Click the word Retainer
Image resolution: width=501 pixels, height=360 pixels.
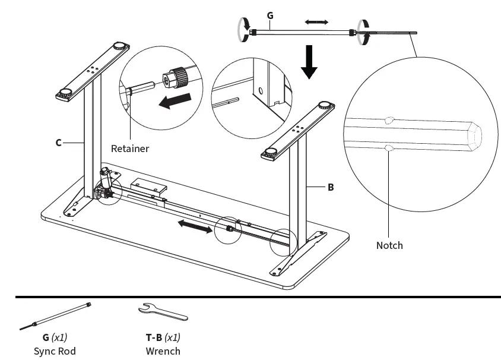(130, 149)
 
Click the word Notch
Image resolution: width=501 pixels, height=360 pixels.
(389, 245)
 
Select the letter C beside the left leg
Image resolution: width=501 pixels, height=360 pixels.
(59, 143)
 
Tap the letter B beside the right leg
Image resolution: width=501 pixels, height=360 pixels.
(331, 187)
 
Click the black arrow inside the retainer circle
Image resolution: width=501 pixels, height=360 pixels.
(175, 102)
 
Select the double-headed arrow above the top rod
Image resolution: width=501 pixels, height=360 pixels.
(316, 22)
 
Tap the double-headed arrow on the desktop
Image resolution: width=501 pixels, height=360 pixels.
(195, 226)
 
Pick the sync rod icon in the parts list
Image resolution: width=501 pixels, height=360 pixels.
(55, 315)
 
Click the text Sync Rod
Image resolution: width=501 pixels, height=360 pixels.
(55, 350)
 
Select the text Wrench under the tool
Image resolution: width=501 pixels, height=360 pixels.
(163, 350)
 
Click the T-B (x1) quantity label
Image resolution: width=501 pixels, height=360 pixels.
(163, 337)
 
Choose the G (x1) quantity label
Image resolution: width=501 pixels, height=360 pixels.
(55, 337)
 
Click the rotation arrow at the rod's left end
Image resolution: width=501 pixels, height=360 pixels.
(242, 30)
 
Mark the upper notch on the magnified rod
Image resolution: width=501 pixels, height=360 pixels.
(389, 119)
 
